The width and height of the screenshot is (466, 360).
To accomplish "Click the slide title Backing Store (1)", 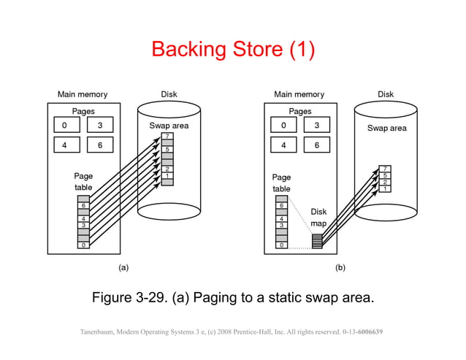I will [232, 49].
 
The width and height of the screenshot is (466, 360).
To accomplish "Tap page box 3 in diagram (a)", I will [100, 126].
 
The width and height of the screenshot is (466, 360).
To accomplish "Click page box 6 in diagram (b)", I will [316, 145].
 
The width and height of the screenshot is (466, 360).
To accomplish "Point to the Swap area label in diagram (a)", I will [169, 126].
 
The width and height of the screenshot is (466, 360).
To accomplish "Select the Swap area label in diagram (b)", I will [386, 129].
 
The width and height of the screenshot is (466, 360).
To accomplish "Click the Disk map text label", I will [318, 217].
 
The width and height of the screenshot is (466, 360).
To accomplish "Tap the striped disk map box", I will [316, 240].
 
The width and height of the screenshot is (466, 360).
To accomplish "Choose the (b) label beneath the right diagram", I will [340, 267].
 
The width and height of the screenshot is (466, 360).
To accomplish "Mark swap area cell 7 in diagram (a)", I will [167, 137].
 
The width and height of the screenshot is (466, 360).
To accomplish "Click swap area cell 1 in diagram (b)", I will [384, 188].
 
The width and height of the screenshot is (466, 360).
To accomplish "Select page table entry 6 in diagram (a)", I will [84, 206].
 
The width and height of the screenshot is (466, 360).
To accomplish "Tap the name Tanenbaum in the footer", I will [99, 332].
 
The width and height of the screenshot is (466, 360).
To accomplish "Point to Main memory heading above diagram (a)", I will [83, 94].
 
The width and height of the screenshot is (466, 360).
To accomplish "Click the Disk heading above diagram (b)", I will [386, 94].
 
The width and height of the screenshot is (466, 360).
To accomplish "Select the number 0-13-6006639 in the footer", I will [363, 332].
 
